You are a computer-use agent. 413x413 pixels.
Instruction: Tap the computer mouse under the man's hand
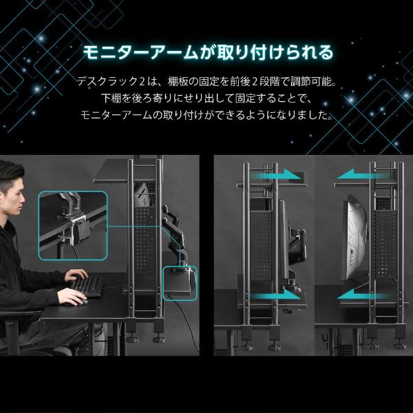coord(78,301)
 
